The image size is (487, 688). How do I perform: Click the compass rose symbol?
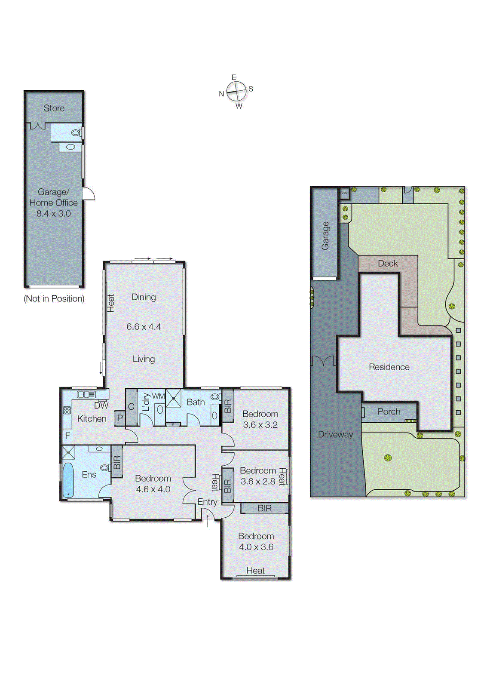(236, 91)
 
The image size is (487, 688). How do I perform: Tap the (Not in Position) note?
(54, 298)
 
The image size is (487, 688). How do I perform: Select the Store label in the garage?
(54, 108)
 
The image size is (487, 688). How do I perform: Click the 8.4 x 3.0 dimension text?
(54, 214)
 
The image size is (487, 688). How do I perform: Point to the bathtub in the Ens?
(68, 480)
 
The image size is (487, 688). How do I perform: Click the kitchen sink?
(86, 394)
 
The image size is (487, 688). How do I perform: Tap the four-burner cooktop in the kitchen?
(67, 410)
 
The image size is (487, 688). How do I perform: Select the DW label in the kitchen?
(101, 405)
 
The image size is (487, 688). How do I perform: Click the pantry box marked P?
(120, 418)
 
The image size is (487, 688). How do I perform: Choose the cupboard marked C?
(131, 406)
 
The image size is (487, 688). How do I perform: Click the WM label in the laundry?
(158, 396)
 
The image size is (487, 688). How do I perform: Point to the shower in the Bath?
(173, 398)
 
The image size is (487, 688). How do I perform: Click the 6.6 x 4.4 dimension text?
(144, 327)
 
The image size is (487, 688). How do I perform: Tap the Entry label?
(207, 502)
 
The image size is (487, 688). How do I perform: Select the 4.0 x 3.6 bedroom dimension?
(256, 547)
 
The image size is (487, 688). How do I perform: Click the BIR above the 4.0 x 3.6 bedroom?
(264, 508)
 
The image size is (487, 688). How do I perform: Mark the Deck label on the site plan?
(388, 264)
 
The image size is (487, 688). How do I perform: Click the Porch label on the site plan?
(389, 412)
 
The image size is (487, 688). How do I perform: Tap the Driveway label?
(335, 435)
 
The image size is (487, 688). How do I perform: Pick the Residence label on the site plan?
(389, 367)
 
